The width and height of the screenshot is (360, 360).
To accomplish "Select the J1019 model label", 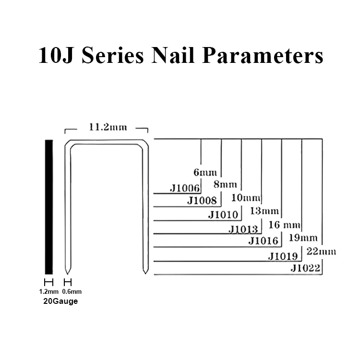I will coord(284,255).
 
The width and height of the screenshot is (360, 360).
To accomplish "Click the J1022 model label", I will coord(305,268).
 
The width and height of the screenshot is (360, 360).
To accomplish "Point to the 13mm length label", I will coord(264,211).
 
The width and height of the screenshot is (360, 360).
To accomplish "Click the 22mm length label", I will coord(321,251).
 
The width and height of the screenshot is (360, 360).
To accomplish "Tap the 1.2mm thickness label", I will coord(48,291).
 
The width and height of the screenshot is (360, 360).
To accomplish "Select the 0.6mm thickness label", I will coord(72,291).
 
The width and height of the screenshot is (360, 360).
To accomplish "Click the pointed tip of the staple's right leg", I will coord(145,274).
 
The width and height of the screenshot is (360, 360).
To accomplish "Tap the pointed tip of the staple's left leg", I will coord(68,274).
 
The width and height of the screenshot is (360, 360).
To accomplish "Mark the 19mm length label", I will coord(303,238).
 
